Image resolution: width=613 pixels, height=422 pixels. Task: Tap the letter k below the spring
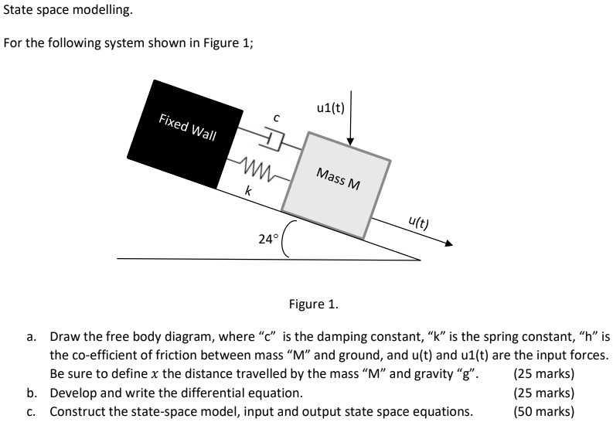pyautogui.click(x=247, y=189)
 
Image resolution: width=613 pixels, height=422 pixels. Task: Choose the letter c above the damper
pyautogui.click(x=276, y=117)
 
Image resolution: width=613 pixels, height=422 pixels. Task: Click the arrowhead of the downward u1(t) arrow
pyautogui.click(x=351, y=141)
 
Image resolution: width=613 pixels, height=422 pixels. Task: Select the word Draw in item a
pyautogui.click(x=64, y=337)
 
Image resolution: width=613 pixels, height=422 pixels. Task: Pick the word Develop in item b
pyautogui.click(x=73, y=393)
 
